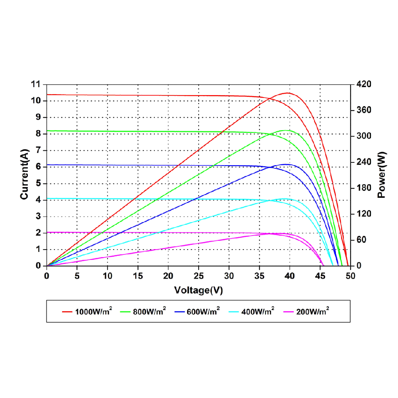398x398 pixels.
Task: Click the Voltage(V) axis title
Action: (x=198, y=290)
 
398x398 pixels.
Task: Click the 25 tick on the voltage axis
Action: (x=198, y=275)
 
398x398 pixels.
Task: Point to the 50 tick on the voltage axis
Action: (x=350, y=275)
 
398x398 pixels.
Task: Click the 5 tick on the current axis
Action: (x=39, y=183)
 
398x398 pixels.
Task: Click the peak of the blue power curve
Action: (x=286, y=164)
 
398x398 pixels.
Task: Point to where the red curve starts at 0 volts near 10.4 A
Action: (x=47, y=95)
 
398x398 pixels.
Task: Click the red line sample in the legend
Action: (x=66, y=312)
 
